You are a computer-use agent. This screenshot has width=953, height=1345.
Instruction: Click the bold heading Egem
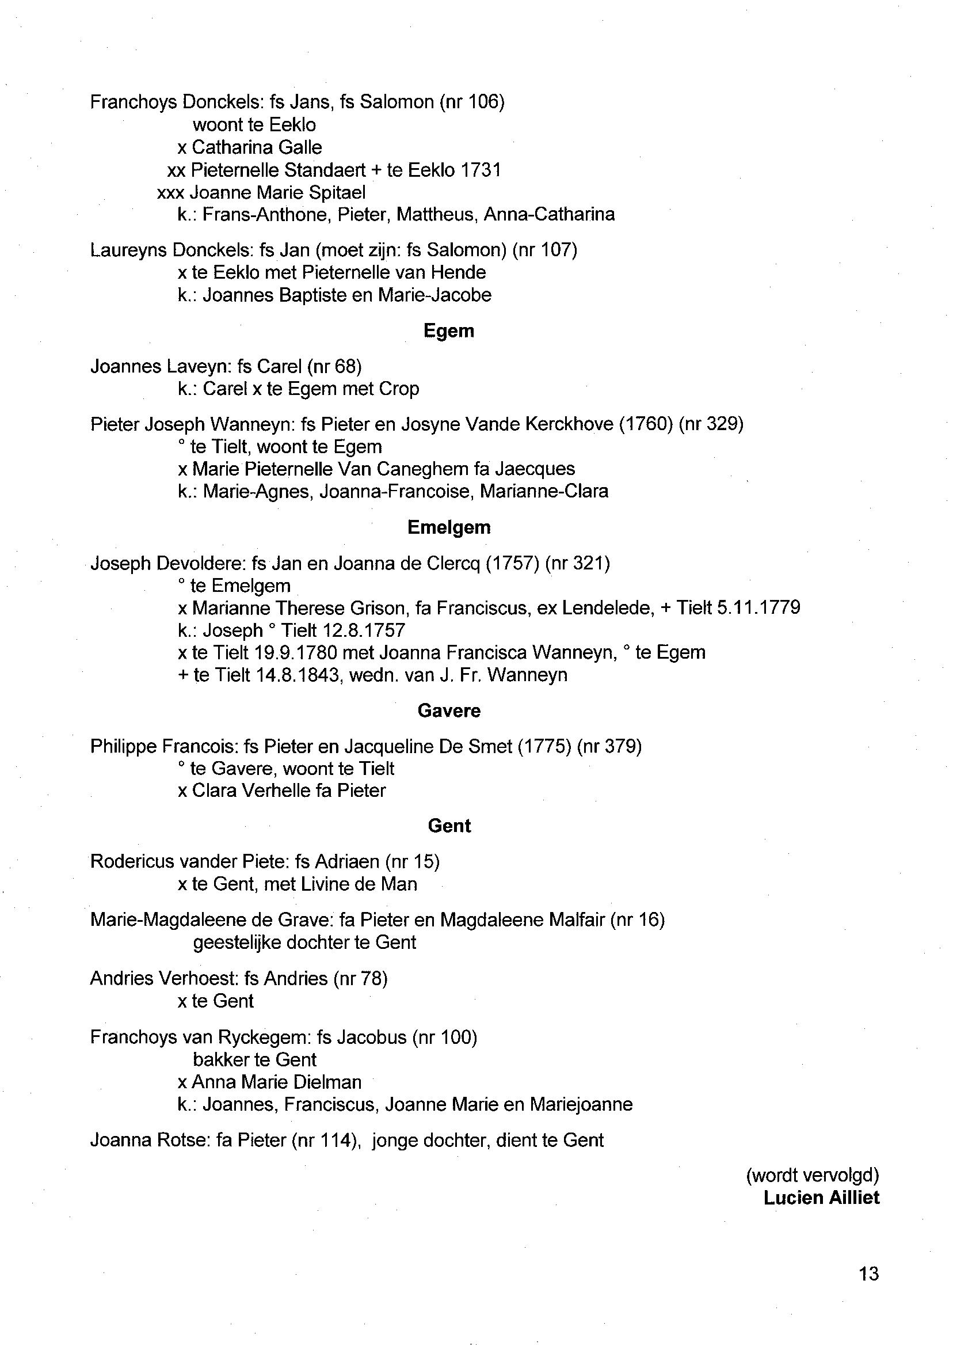448,331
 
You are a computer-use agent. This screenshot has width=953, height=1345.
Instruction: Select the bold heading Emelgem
448,527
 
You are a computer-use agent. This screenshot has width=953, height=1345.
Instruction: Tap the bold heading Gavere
449,711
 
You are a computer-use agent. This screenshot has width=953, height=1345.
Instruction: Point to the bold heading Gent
449,826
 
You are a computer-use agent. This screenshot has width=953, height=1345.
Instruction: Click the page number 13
868,1274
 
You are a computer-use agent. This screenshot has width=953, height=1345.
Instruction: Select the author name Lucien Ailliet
821,1198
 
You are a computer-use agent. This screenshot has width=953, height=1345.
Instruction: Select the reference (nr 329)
711,424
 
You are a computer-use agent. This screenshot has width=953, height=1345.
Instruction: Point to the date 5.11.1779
758,607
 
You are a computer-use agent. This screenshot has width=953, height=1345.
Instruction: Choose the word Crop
399,389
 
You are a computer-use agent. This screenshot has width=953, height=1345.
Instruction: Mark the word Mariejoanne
581,1105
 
